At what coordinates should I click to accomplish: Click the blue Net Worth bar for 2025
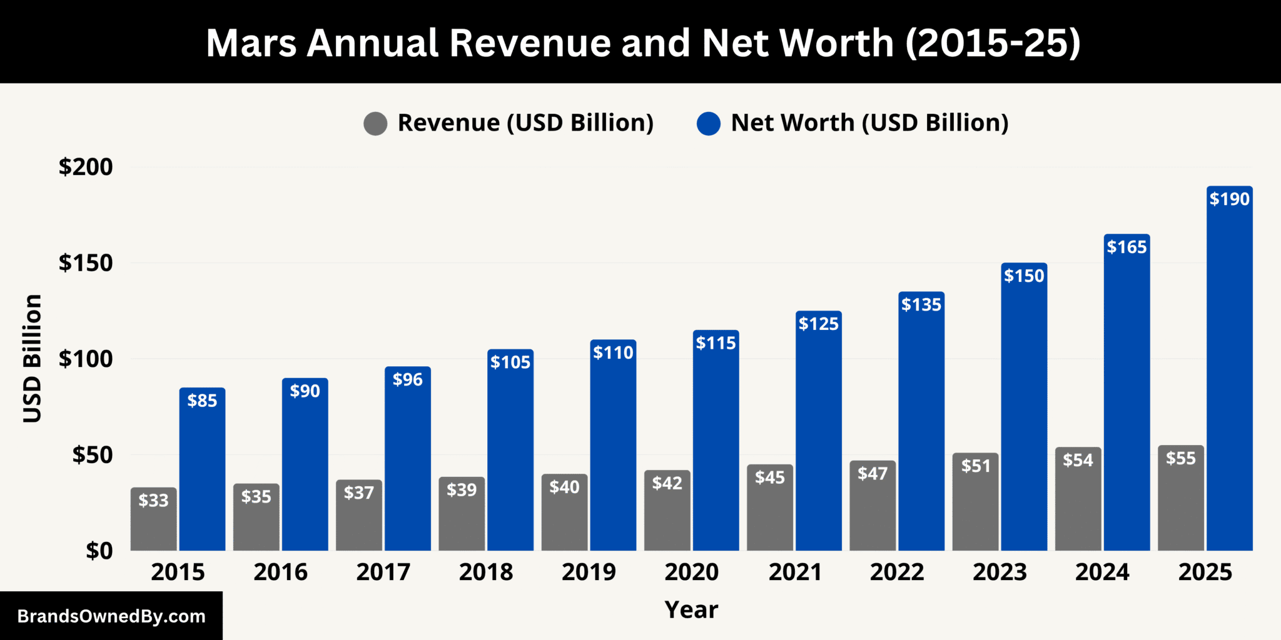click(1229, 375)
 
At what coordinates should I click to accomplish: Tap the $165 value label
click(1127, 247)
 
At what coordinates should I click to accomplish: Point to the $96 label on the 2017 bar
click(407, 379)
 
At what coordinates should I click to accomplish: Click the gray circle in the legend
click(375, 123)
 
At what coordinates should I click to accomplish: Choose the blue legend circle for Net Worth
click(708, 123)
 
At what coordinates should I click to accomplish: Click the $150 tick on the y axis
click(86, 263)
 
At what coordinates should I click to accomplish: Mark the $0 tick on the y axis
click(99, 551)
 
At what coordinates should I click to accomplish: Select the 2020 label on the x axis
click(691, 572)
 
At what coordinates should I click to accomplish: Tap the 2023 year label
click(1000, 572)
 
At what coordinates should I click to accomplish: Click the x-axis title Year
click(691, 609)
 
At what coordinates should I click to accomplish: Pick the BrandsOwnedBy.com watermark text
click(111, 616)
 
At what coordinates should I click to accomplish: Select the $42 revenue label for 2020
click(667, 483)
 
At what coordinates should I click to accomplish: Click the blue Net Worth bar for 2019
click(613, 450)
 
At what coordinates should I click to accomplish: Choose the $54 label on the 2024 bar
click(1078, 461)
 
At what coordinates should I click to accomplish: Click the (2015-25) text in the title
click(993, 43)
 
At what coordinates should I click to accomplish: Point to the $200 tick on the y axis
click(86, 167)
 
